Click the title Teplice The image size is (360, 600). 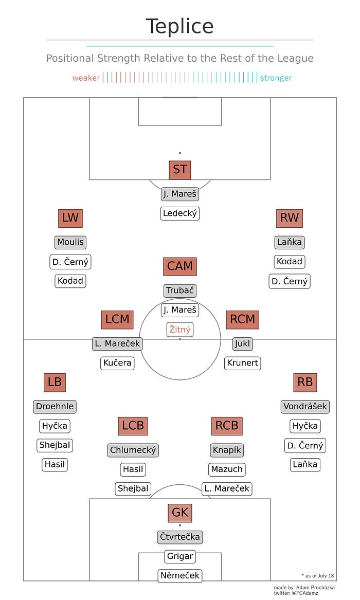[179, 26]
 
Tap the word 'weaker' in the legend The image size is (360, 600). [86, 78]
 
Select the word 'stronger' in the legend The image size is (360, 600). [276, 78]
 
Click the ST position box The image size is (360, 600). [180, 169]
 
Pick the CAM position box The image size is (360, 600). [180, 266]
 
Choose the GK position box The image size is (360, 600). [180, 513]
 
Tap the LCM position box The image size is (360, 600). [117, 319]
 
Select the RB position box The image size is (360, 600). [305, 382]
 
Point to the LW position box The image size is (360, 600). [70, 217]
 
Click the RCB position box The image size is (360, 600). [227, 426]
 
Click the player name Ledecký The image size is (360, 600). [180, 213]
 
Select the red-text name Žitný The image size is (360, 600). [180, 330]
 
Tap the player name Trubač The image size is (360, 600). [180, 290]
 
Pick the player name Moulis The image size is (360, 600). [70, 242]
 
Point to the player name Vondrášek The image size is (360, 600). [305, 406]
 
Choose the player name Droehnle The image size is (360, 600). [55, 406]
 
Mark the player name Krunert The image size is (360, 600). [243, 363]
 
